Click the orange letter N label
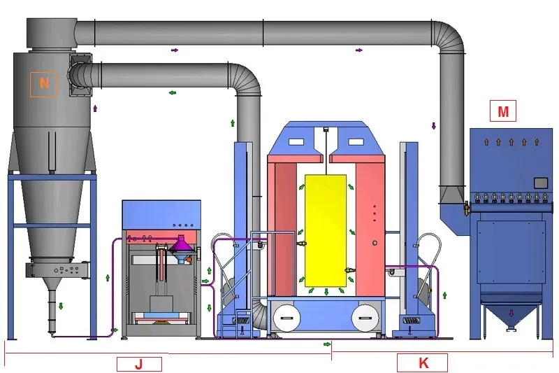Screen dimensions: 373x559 pos(43,83)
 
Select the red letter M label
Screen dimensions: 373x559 pos(503,111)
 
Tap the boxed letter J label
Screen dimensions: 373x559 pos(138,363)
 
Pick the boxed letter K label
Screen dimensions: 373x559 pos(422,363)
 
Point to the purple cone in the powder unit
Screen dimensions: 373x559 pos(180,245)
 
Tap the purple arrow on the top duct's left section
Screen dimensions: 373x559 pos(174,50)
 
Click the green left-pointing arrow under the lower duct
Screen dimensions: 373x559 pos(172,92)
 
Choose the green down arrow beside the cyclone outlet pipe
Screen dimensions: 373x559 pos(61,306)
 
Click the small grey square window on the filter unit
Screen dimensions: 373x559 pos(539,183)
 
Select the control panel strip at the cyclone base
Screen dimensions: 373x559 pos(60,269)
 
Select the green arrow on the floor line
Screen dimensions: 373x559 pos(327,344)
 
